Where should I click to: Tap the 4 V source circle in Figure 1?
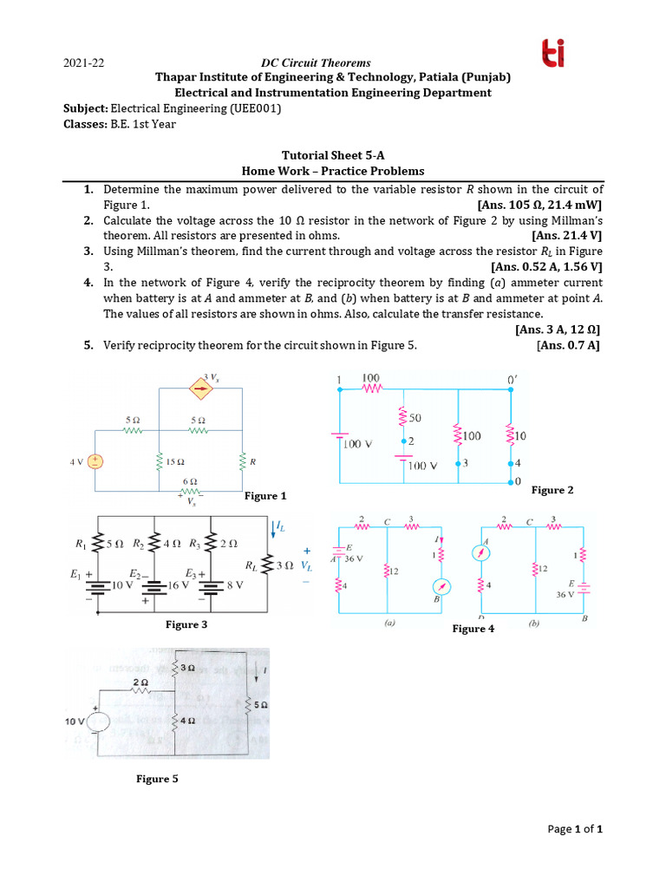click(94, 462)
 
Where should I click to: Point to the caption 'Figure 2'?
click(552, 490)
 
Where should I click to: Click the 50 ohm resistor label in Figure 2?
click(415, 418)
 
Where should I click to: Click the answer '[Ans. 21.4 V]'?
click(567, 236)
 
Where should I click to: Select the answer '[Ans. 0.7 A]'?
click(570, 345)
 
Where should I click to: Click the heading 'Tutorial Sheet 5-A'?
click(332, 155)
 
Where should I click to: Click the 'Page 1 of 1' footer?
click(575, 829)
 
